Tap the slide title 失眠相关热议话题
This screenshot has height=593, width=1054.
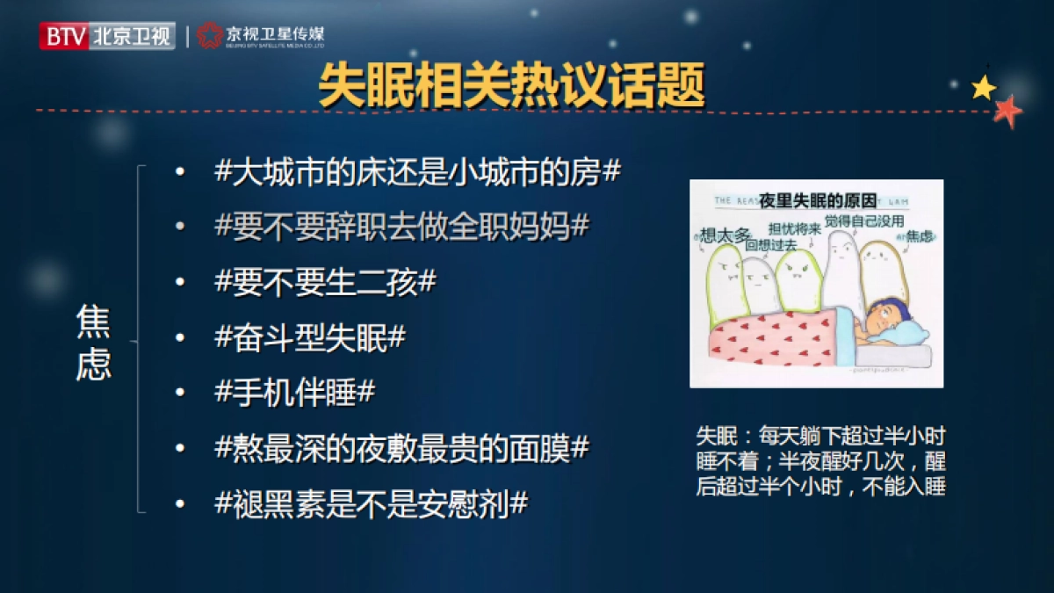click(x=512, y=86)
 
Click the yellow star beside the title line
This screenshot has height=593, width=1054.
click(x=984, y=87)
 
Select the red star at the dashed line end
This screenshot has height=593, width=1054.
click(x=1007, y=110)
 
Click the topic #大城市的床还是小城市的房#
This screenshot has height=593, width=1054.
click(x=417, y=172)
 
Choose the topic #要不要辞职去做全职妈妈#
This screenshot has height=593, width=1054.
click(x=401, y=228)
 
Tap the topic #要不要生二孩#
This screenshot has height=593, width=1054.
click(x=325, y=283)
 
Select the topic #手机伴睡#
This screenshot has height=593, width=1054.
click(x=294, y=393)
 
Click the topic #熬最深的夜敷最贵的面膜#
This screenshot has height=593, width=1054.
click(x=401, y=448)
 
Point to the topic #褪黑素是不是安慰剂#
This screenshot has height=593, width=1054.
click(x=371, y=503)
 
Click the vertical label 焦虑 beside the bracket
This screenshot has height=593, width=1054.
click(x=93, y=342)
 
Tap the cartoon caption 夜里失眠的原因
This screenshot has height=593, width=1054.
click(x=816, y=201)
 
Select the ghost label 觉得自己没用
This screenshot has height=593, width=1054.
click(x=863, y=221)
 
